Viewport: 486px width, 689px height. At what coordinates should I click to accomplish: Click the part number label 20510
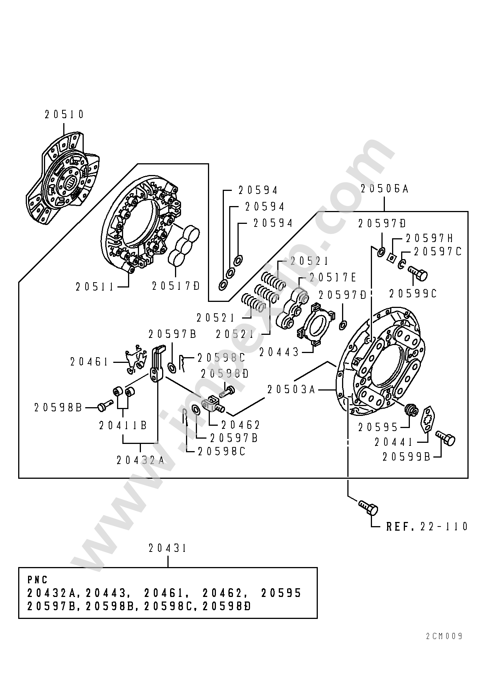coord(64,114)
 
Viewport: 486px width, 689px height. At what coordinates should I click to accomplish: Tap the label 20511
coord(95,287)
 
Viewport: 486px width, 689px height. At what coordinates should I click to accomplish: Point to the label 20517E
coord(333,278)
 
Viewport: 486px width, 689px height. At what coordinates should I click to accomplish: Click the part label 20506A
coord(384,189)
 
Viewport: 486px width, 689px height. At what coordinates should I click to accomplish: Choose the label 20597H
coord(430,238)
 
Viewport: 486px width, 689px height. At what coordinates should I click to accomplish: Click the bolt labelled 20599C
coord(418,272)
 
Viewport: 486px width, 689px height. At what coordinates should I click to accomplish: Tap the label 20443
coord(279,352)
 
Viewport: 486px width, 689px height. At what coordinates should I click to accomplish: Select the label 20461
coord(89,362)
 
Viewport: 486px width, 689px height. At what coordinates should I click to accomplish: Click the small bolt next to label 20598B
coord(105,405)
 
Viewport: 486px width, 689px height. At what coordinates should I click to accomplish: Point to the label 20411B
coord(123,426)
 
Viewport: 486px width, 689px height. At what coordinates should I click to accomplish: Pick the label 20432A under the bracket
coord(141,460)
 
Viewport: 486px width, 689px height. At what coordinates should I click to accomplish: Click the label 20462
coord(241,425)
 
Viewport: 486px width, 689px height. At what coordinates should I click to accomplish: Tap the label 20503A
coord(291,389)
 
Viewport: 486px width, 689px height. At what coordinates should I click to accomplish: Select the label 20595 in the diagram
coord(378,427)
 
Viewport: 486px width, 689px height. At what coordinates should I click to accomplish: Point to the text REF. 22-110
coord(427,527)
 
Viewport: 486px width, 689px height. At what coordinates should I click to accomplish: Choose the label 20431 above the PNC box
coord(167,548)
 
